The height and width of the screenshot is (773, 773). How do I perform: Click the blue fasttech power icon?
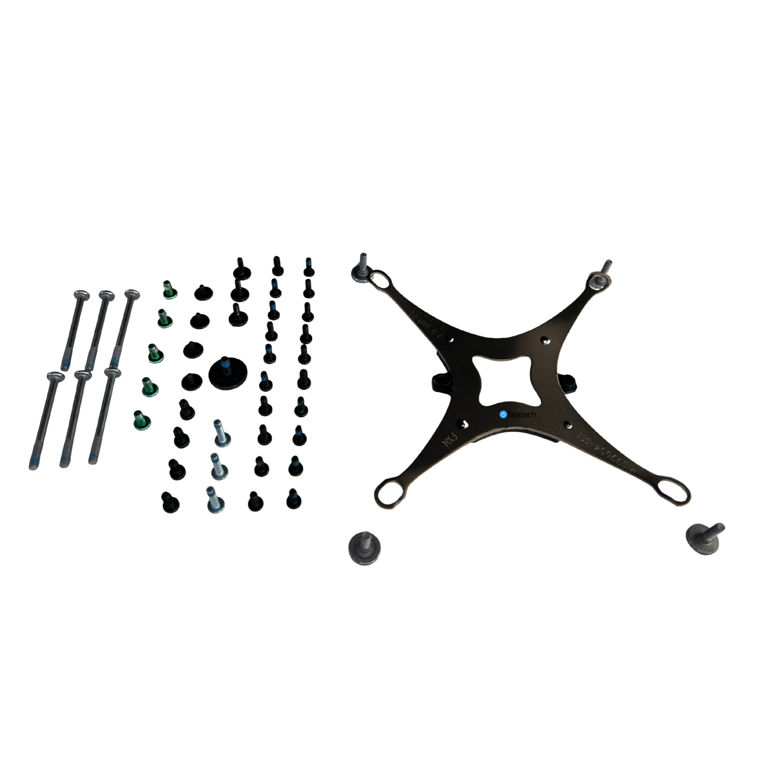coord(503,415)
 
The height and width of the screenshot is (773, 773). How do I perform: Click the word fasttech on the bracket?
coord(522,415)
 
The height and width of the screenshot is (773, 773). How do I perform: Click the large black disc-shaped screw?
coord(228,373)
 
